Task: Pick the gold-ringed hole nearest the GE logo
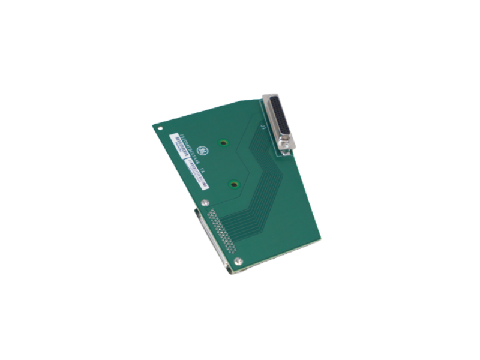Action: pyautogui.click(x=223, y=143)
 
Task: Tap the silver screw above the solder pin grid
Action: pyautogui.click(x=206, y=203)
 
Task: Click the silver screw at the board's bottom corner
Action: pyautogui.click(x=238, y=260)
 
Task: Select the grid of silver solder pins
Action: pyautogui.click(x=221, y=232)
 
